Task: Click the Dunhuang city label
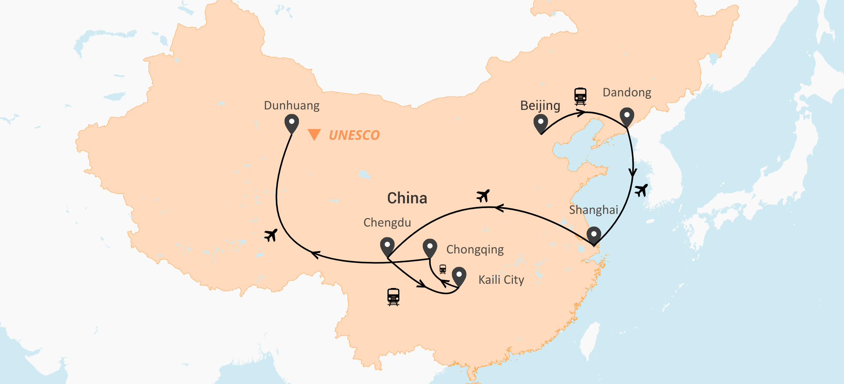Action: pos(292,106)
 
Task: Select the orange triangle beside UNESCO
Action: pos(314,134)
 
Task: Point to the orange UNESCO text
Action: pos(354,135)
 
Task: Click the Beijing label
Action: pos(540,106)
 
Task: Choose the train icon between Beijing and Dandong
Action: pos(580,96)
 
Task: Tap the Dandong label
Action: pos(627,93)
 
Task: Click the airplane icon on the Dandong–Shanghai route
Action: pos(641,190)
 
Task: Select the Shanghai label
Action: pos(593,210)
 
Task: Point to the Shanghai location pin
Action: pos(594,235)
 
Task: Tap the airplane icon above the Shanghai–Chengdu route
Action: pos(483,196)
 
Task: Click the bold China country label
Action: pos(407,198)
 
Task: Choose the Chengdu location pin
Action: pos(387,247)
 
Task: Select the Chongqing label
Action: pos(475,250)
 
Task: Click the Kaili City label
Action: pos(501,280)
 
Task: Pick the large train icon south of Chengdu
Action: pos(393,297)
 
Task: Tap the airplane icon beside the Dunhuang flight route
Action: pos(271,235)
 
